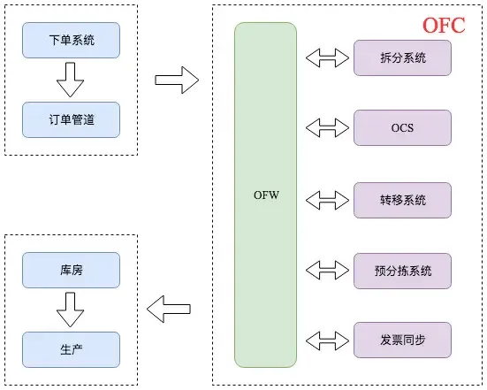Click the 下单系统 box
71,42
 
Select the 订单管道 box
71,120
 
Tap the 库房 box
71,264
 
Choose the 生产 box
71,342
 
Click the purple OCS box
402,129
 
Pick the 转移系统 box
402,200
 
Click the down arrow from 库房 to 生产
70,303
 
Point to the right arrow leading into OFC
176,80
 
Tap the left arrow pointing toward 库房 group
169,310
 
